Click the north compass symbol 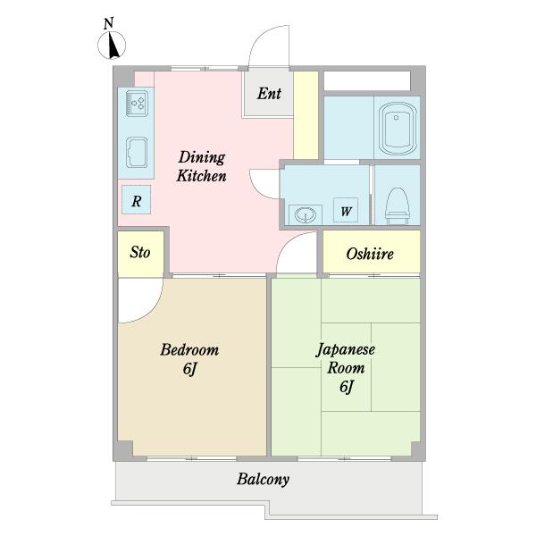pyautogui.click(x=112, y=46)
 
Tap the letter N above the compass pyautogui.click(x=108, y=23)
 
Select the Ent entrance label pyautogui.click(x=269, y=93)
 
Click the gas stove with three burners pyautogui.click(x=137, y=104)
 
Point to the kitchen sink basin pyautogui.click(x=137, y=153)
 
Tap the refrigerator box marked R pyautogui.click(x=137, y=200)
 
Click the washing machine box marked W pyautogui.click(x=346, y=210)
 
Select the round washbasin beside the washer pyautogui.click(x=305, y=215)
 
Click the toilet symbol pyautogui.click(x=398, y=205)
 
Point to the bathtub pyautogui.click(x=398, y=129)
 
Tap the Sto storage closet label pyautogui.click(x=140, y=252)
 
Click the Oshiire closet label pyautogui.click(x=370, y=254)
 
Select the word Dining pyautogui.click(x=202, y=158)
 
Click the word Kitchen pyautogui.click(x=201, y=176)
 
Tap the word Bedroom pyautogui.click(x=189, y=349)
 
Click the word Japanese pyautogui.click(x=345, y=350)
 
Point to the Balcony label pyautogui.click(x=264, y=479)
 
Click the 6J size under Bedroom pyautogui.click(x=190, y=368)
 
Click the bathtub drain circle pyautogui.click(x=396, y=118)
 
